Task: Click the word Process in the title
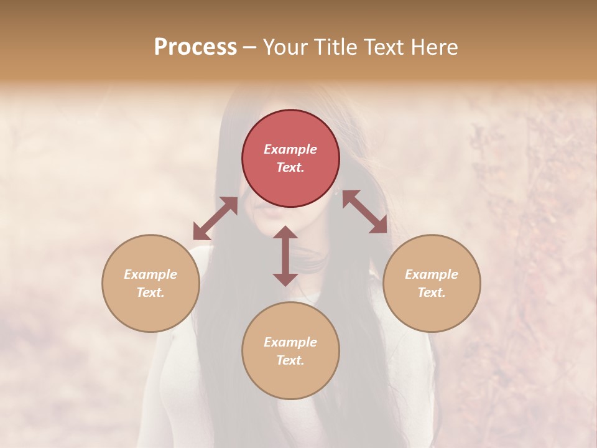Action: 195,47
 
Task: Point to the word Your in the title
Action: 287,47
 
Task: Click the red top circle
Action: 290,124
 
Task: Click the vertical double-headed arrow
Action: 285,256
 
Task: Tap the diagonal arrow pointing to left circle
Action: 215,218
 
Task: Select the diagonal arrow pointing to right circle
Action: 364,212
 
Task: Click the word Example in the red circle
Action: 290,149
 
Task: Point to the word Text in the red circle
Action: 290,168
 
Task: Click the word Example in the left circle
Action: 150,274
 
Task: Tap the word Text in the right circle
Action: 432,292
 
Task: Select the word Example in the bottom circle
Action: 290,342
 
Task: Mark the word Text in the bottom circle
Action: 290,360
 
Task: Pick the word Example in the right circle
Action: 432,274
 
